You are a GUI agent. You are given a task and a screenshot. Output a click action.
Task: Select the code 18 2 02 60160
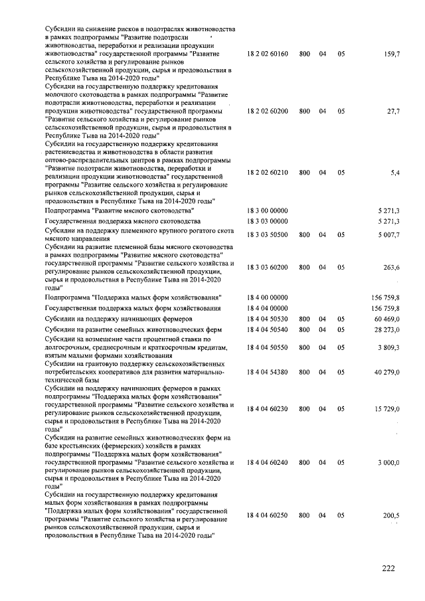point(267,53)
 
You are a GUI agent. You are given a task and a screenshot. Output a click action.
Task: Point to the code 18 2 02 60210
point(267,172)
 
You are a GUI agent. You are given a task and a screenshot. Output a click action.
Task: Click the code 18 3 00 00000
point(267,210)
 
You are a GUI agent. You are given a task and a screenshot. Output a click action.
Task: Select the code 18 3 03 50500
point(267,234)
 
